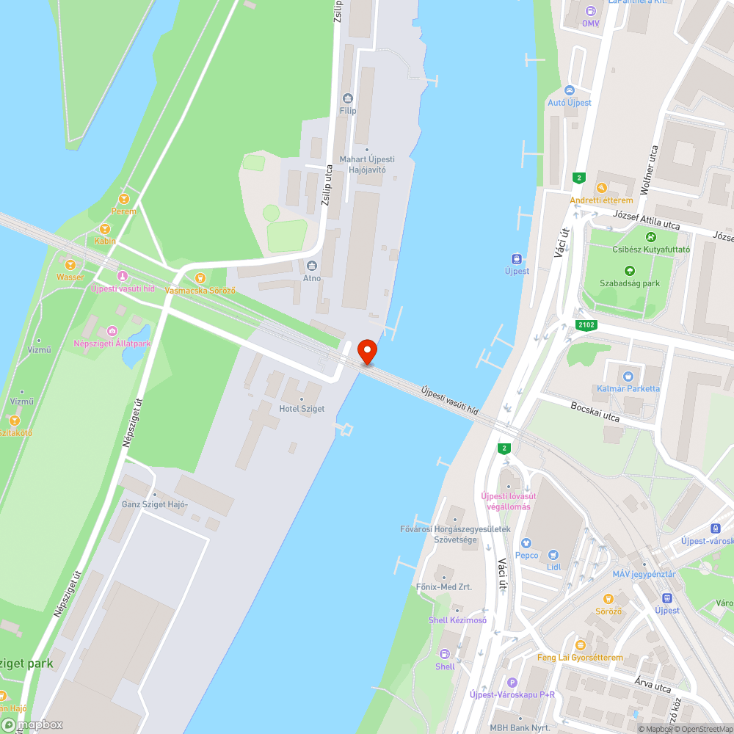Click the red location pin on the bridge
(366, 352)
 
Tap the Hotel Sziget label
(301, 408)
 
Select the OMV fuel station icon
(591, 11)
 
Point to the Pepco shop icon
(526, 544)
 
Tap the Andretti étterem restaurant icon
(601, 188)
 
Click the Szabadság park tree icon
(630, 271)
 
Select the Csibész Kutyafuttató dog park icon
(650, 237)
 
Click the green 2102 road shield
(586, 324)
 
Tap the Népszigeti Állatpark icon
(112, 332)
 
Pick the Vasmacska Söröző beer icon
(200, 277)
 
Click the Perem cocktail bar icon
(123, 198)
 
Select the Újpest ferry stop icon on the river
(517, 258)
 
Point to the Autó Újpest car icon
(569, 90)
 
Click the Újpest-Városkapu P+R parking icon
(512, 682)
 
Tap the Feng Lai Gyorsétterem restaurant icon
(580, 645)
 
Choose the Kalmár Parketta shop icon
(628, 376)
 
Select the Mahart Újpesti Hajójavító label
(367, 164)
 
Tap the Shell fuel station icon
(444, 654)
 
